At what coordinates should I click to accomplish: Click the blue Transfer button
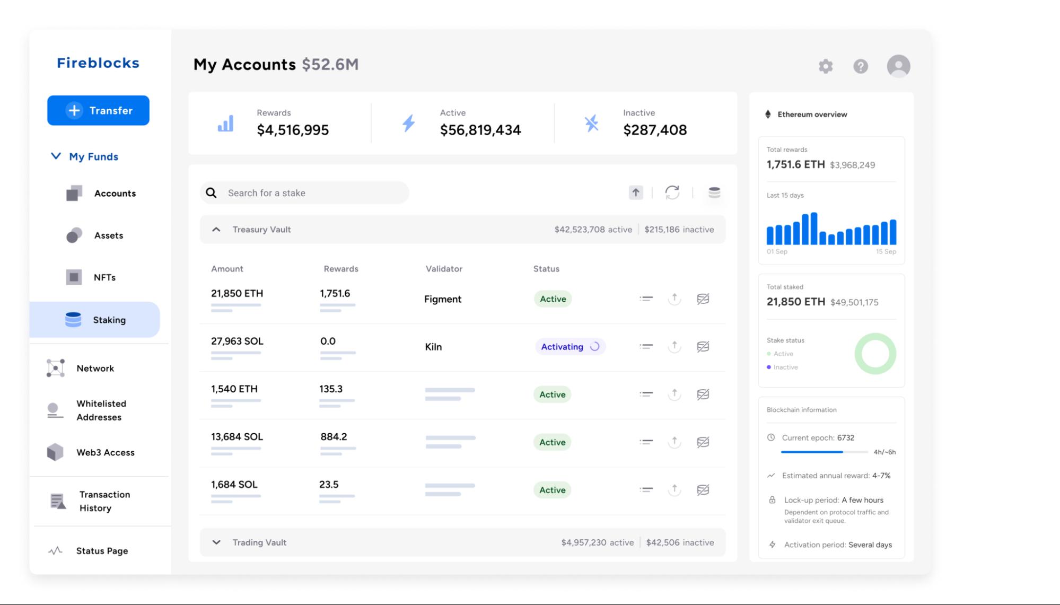click(98, 110)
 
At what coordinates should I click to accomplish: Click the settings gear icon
click(826, 66)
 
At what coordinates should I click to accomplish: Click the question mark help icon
click(861, 66)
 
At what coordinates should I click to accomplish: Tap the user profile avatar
click(899, 66)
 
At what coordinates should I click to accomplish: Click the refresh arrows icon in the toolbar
click(672, 192)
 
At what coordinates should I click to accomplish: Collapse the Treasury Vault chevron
click(216, 230)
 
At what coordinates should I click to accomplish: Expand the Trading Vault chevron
click(216, 542)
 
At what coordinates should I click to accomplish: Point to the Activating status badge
click(570, 347)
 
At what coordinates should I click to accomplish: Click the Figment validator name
click(443, 299)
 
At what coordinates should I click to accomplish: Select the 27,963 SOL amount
click(237, 341)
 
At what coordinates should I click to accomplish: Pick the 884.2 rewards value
click(334, 437)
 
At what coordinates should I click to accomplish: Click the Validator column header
click(444, 269)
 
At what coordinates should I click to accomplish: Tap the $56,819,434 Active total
click(480, 130)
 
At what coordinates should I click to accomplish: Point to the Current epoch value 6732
click(846, 438)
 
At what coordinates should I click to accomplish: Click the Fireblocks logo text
click(98, 63)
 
